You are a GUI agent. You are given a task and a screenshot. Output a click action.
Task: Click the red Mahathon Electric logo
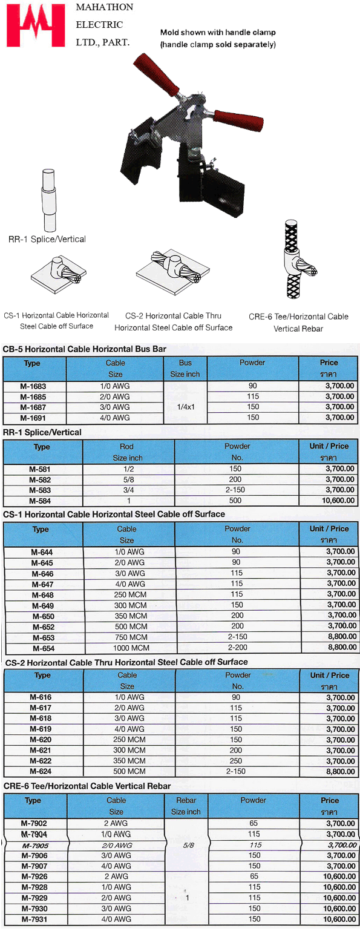[36, 25]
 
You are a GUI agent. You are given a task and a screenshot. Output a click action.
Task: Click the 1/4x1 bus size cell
[185, 407]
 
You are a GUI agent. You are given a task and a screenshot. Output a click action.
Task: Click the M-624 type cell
[41, 771]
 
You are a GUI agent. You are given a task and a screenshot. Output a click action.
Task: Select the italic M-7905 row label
[35, 845]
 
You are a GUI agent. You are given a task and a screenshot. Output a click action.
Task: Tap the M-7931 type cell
[34, 919]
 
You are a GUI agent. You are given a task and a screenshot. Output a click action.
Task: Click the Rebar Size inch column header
[186, 806]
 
